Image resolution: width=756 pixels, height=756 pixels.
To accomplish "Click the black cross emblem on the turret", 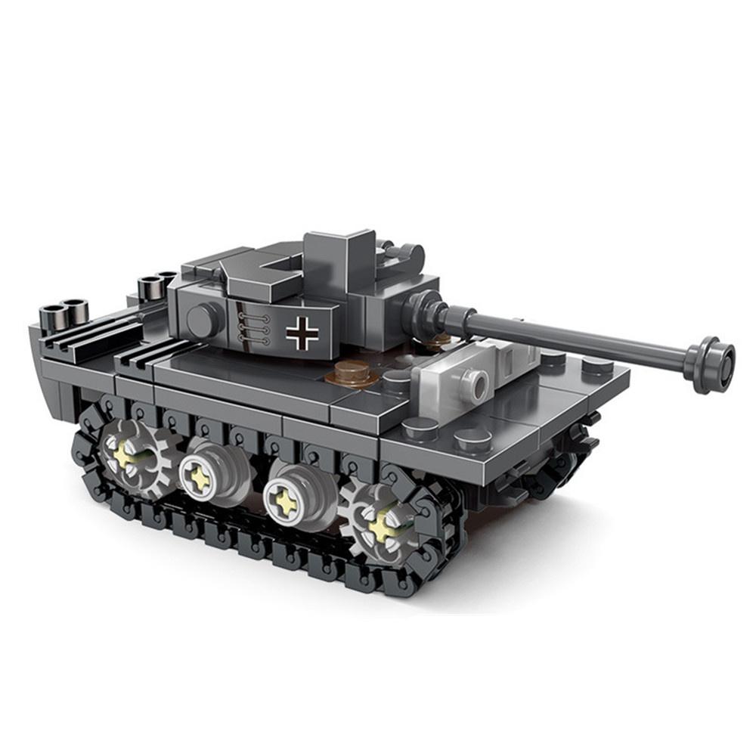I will pos(302,333).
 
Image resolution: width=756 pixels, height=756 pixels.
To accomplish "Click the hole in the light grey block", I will pos(476,385).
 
